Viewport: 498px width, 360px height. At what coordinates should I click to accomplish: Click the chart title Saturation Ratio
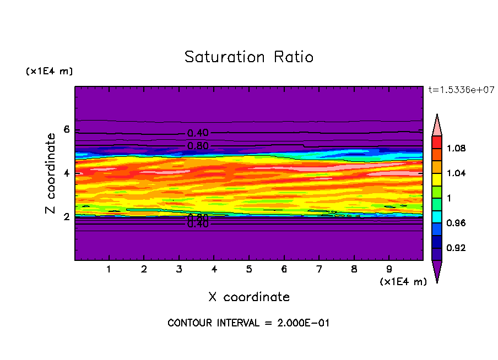pyautogui.click(x=249, y=57)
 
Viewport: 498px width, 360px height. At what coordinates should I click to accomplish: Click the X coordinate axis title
pyautogui.click(x=249, y=297)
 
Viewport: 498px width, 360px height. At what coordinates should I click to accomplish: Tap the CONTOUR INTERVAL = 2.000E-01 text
pyautogui.click(x=248, y=323)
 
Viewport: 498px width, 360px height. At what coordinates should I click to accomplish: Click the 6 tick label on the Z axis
pyautogui.click(x=67, y=130)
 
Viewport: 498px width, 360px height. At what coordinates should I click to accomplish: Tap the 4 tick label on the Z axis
pyautogui.click(x=67, y=173)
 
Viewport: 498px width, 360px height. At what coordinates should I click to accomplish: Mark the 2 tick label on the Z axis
pyautogui.click(x=67, y=217)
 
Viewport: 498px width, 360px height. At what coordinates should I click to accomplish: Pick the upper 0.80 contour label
pyautogui.click(x=198, y=146)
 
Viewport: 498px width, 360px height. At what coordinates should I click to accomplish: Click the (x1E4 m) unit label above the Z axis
pyautogui.click(x=49, y=72)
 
